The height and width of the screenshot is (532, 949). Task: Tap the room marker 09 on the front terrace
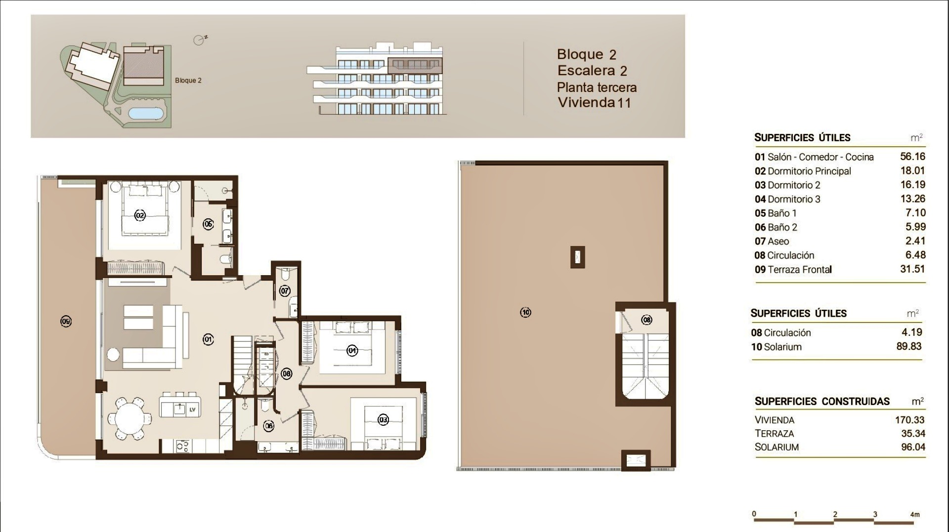(x=66, y=322)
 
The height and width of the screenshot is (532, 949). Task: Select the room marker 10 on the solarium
(x=525, y=312)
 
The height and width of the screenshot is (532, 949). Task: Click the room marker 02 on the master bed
(x=140, y=215)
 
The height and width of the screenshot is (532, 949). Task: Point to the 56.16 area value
(x=912, y=157)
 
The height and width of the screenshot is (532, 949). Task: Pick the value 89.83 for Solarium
(x=909, y=346)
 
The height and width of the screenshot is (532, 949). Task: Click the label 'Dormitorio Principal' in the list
(x=809, y=171)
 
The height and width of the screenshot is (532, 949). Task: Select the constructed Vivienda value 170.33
(x=909, y=420)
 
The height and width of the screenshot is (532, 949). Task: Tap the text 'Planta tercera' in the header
(x=597, y=87)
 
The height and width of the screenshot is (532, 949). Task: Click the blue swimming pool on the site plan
(x=147, y=113)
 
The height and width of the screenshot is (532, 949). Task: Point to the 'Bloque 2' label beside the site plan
(x=188, y=81)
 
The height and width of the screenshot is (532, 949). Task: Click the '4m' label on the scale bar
(x=915, y=514)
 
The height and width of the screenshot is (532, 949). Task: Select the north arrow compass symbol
(x=200, y=40)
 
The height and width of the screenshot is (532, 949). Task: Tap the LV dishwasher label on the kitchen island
(x=192, y=409)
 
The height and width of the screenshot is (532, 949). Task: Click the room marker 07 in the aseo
(x=285, y=290)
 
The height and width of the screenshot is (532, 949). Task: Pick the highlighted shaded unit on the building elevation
(x=414, y=65)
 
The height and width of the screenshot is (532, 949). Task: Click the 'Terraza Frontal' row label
(x=799, y=270)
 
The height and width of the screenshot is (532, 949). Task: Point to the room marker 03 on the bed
(x=383, y=420)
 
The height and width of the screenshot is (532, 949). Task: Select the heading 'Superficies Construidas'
(x=822, y=402)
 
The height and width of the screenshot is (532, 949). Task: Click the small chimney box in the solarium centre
(x=577, y=257)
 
